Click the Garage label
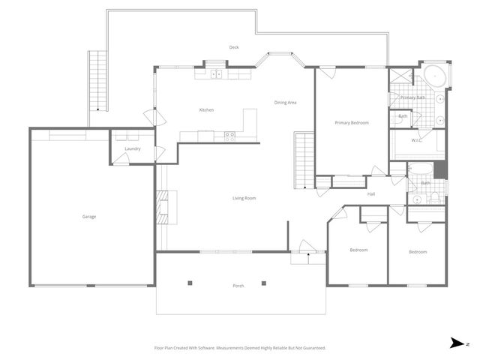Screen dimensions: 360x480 [x=89, y=217]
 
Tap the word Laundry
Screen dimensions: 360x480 [x=133, y=148]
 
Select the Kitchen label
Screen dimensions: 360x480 [x=206, y=110]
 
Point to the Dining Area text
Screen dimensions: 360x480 [x=285, y=102]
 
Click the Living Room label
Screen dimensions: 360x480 [x=244, y=198]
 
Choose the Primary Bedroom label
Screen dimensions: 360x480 [x=352, y=122]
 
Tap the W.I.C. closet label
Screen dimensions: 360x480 [x=417, y=140]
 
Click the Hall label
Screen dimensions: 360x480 [x=370, y=194]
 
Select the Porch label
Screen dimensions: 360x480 [x=238, y=286]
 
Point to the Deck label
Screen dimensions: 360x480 [x=234, y=47]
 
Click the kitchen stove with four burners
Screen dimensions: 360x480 [x=229, y=136]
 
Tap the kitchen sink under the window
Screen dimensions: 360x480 [x=216, y=73]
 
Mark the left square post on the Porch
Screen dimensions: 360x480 [x=190, y=283]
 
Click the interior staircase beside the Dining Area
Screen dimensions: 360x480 [x=303, y=159]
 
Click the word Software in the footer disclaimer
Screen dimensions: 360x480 [x=206, y=348]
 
